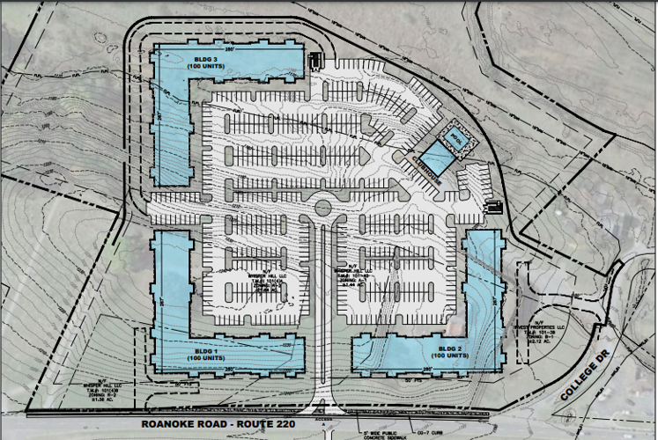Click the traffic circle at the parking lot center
(x=322, y=208)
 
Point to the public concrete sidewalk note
(x=378, y=432)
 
